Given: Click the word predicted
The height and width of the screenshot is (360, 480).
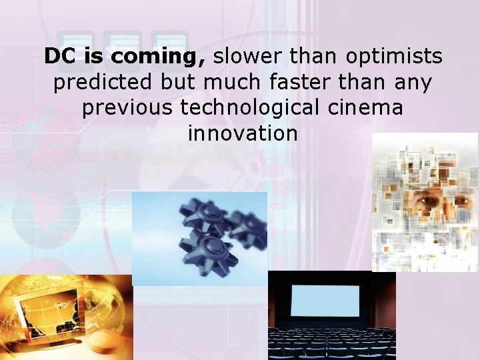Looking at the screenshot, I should point(103,83).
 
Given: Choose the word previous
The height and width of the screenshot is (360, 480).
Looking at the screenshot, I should point(127,108).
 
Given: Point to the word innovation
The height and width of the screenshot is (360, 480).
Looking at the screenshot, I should point(243,133).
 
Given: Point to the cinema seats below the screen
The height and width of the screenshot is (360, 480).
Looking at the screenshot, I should point(331,344).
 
